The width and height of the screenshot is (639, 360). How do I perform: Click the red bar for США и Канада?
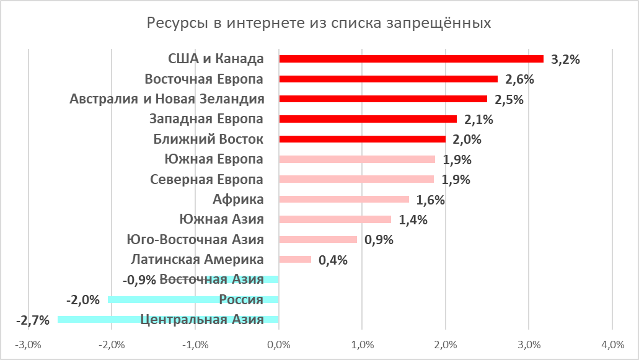[411, 59]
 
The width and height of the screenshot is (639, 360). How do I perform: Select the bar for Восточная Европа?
[388, 79]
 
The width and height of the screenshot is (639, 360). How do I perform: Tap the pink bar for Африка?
[344, 200]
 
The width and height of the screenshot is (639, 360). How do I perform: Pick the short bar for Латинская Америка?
[295, 260]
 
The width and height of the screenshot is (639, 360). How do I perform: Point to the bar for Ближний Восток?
[362, 139]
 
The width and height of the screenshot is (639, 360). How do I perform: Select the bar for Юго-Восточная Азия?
[318, 240]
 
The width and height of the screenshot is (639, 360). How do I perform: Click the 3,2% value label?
[565, 60]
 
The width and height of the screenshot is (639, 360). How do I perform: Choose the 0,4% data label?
[333, 260]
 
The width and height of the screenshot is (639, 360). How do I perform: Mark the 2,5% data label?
[509, 100]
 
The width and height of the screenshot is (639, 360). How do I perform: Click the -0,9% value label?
[139, 279]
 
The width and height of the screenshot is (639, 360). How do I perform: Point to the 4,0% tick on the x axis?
[612, 345]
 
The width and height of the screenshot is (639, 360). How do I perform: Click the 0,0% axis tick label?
[279, 345]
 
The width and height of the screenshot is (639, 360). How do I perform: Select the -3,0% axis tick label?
[29, 345]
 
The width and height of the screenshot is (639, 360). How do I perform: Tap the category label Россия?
[241, 300]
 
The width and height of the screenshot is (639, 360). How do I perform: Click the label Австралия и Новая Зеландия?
[167, 99]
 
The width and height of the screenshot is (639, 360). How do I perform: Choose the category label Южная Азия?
[221, 219]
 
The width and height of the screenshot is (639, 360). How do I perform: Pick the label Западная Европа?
[206, 119]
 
